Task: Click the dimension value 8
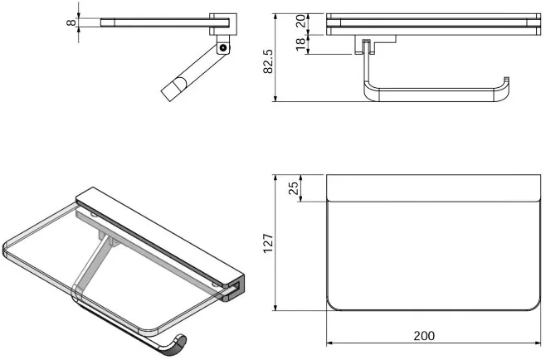[x=71, y=22]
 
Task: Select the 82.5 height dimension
[x=268, y=61]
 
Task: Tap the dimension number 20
[x=300, y=21]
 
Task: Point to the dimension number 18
[x=300, y=44]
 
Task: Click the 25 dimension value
[x=294, y=188]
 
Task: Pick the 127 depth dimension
[x=268, y=243]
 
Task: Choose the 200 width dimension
[x=424, y=336]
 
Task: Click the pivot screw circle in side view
[x=223, y=47]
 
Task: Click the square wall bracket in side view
[x=223, y=24]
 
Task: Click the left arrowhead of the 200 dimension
[x=329, y=343]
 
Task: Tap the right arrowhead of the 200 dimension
[x=538, y=343]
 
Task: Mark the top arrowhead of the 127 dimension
[x=275, y=178]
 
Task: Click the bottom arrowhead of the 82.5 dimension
[x=275, y=98]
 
